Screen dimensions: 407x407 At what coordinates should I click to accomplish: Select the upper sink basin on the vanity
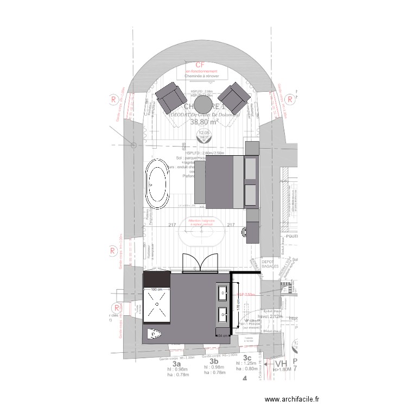click(x=224, y=294)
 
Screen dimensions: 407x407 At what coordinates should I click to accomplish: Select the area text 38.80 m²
click(x=204, y=122)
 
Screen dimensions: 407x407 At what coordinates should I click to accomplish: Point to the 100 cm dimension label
click(x=157, y=290)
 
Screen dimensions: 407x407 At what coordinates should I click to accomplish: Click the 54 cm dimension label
click(x=222, y=336)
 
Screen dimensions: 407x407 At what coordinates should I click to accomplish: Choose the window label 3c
click(x=247, y=358)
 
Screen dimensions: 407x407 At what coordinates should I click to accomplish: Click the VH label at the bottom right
click(x=281, y=365)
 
